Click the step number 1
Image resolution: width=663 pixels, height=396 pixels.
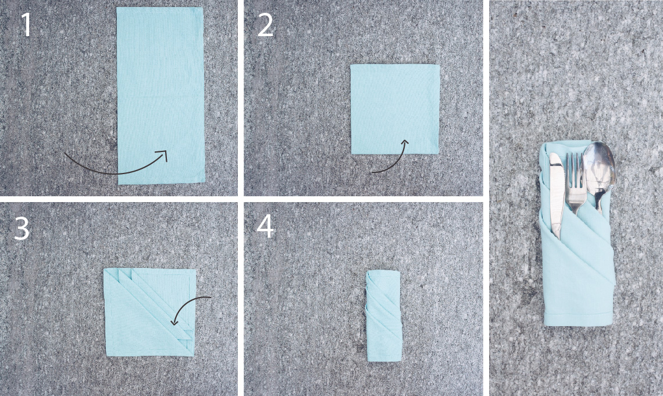point(26,24)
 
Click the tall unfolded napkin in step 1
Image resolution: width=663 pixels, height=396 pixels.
point(161,96)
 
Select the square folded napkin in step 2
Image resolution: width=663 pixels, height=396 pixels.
point(395,109)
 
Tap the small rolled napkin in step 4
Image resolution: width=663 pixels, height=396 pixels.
point(383,316)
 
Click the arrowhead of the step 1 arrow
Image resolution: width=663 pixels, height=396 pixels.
point(163,154)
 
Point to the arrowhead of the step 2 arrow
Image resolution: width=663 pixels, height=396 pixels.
point(405,143)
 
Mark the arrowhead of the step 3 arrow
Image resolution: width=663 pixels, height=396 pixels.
point(174,321)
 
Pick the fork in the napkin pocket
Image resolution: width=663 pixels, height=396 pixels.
point(576,183)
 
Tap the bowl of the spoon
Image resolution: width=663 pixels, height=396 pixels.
point(599,164)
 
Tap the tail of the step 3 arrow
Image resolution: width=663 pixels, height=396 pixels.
point(209,298)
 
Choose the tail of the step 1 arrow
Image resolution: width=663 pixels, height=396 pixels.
point(66,154)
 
